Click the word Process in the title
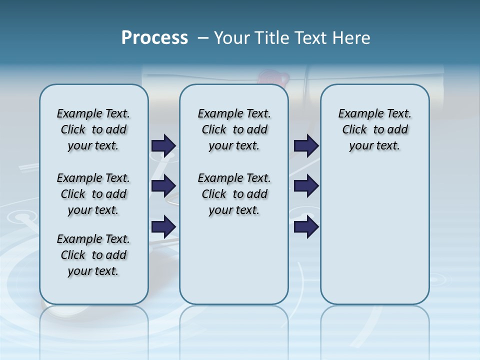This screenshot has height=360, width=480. click(x=154, y=38)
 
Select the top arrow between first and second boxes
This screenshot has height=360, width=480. click(x=163, y=145)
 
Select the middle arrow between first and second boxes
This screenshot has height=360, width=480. click(x=163, y=186)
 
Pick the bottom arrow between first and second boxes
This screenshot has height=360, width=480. click(x=163, y=226)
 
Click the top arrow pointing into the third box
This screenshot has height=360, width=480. click(x=306, y=145)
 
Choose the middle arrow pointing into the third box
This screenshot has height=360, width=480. click(x=306, y=186)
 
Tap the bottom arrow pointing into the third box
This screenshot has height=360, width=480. click(x=306, y=226)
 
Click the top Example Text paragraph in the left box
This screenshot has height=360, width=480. click(x=93, y=129)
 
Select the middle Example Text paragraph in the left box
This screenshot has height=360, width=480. click(x=93, y=194)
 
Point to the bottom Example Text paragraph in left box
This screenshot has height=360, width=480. click(x=93, y=255)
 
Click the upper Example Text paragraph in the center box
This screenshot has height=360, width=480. click(x=234, y=129)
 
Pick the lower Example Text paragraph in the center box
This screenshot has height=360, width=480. click(x=234, y=194)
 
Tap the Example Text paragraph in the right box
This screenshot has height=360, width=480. click(x=374, y=129)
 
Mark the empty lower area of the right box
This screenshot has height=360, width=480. click(x=374, y=235)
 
